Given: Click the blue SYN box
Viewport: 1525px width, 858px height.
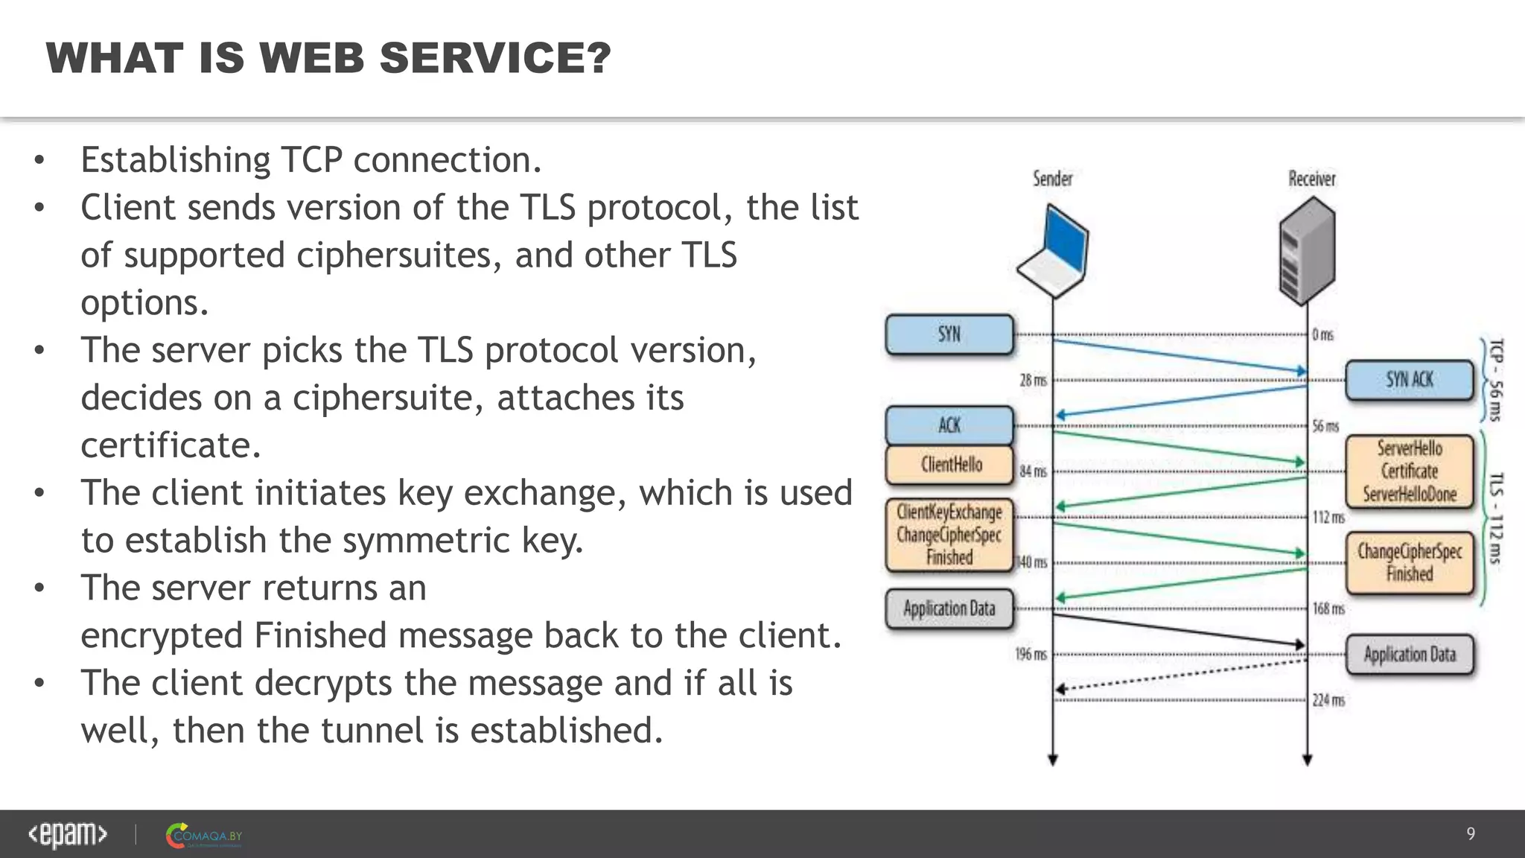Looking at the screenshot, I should coord(949,334).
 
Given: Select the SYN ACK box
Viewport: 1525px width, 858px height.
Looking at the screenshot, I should coord(1409,380).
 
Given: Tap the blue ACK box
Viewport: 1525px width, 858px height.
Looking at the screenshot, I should coord(949,425).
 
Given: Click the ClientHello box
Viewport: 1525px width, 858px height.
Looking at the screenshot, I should coord(949,465).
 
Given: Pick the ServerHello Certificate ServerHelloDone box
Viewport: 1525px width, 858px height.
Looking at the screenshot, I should coord(1409,471).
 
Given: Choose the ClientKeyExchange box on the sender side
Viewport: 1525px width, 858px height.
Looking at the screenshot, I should coord(949,535).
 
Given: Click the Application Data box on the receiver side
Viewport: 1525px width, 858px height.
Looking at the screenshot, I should coord(1409,655).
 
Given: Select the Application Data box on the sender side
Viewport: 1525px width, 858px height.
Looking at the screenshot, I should coord(949,609).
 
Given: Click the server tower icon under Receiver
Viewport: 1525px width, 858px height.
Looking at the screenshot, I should coord(1307,251).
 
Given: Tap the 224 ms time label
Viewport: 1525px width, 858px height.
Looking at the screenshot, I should coord(1328,700).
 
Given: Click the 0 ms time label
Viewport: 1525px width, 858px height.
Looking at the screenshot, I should coord(1322,334).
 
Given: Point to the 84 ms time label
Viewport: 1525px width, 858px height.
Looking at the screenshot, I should coord(1033,471).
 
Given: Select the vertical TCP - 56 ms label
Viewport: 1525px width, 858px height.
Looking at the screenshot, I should coord(1495,380).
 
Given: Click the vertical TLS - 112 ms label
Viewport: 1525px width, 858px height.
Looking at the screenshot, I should coord(1495,518).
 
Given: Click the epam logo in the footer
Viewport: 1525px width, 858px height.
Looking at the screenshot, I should coord(68,834).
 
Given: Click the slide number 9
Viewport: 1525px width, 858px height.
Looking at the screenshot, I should coord(1471,833).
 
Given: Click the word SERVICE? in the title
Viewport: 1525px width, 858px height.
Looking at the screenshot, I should coord(495,58).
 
